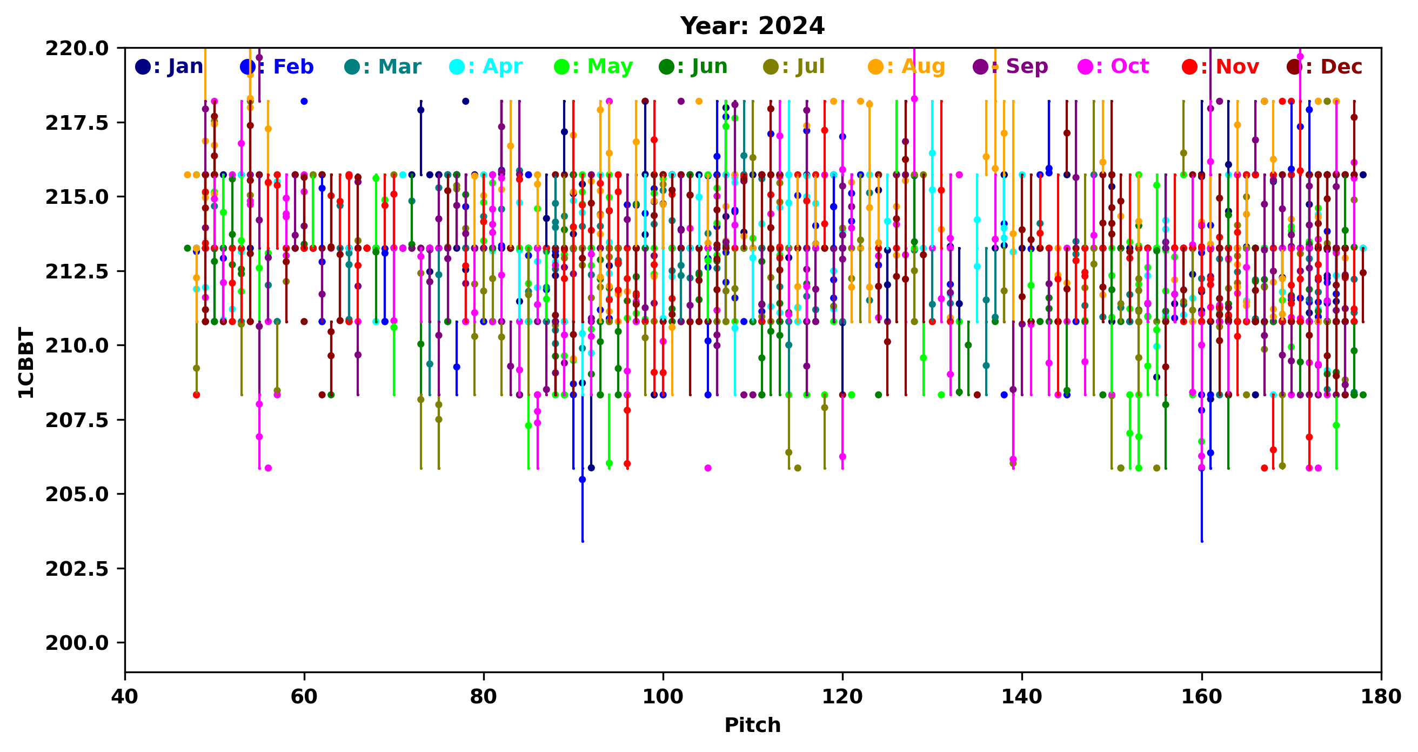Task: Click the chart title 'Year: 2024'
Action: [x=752, y=26]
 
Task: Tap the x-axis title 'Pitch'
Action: [x=752, y=725]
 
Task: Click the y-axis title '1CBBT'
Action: [x=26, y=362]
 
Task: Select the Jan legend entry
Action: [x=170, y=66]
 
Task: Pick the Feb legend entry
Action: [x=277, y=66]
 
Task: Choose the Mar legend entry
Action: [x=383, y=66]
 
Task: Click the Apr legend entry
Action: [x=486, y=66]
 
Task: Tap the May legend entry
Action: [x=593, y=66]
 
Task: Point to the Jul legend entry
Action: [x=794, y=66]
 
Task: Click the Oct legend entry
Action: [x=1113, y=66]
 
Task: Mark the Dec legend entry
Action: [x=1325, y=66]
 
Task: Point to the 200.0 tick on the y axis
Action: [x=77, y=643]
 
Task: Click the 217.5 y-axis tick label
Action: [x=77, y=123]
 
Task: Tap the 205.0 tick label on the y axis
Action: [x=77, y=494]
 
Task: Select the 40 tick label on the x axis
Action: [x=125, y=697]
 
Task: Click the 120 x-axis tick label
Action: [x=842, y=697]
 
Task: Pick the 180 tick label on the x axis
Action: [x=1381, y=697]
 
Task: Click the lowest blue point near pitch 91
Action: [x=583, y=480]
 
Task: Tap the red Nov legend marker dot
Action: [x=1189, y=67]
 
